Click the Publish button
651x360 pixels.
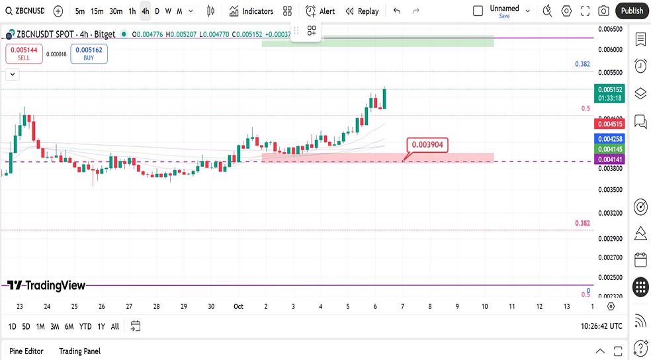click(632, 11)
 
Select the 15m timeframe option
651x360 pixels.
click(97, 11)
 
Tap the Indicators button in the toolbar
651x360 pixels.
click(251, 11)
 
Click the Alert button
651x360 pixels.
click(320, 11)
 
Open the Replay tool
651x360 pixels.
click(361, 11)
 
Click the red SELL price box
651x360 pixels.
click(24, 54)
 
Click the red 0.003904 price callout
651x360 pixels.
click(428, 144)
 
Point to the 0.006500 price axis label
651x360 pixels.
click(610, 30)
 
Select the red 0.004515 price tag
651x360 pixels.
click(610, 124)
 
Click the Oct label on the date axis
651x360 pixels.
click(238, 306)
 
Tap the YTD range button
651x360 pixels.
click(85, 326)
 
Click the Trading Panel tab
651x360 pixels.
click(79, 351)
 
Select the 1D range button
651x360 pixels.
click(13, 326)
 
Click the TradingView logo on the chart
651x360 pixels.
click(46, 285)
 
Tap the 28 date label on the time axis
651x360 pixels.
click(156, 306)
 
